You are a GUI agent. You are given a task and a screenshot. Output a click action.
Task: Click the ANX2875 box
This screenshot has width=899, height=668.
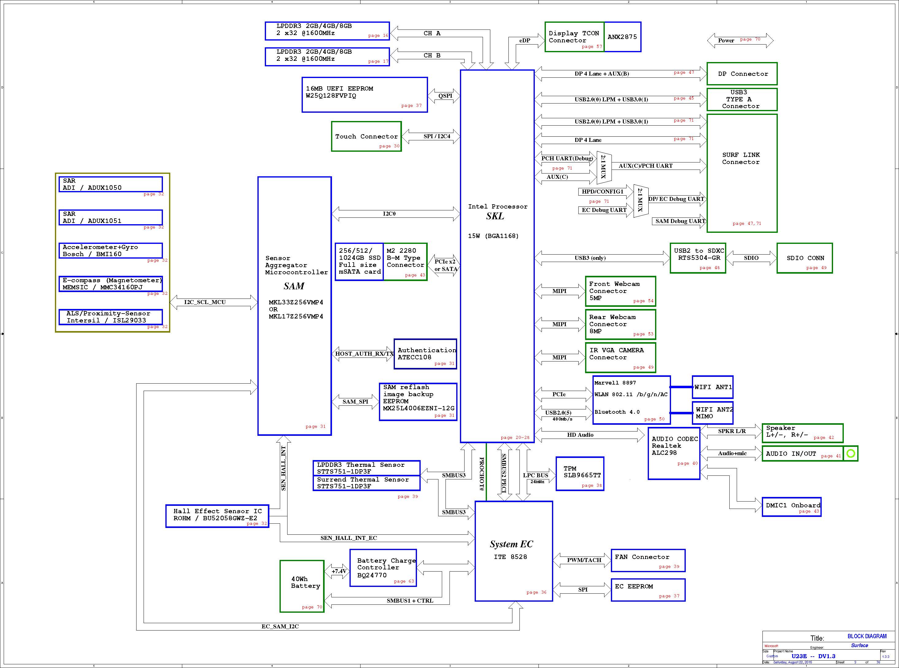[x=622, y=37]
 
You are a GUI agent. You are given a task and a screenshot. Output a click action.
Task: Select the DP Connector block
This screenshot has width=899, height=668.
[x=742, y=74]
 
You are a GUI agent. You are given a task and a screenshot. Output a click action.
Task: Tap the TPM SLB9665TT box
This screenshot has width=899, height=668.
[x=580, y=474]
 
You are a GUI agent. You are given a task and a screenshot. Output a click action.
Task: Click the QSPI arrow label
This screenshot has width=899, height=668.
[x=445, y=96]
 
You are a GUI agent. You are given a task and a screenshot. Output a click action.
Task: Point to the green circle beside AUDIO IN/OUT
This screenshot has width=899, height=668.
[x=851, y=453]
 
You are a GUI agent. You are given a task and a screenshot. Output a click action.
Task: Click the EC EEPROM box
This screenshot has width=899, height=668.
[x=648, y=590]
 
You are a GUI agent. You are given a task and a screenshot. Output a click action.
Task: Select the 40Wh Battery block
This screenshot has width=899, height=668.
[x=302, y=586]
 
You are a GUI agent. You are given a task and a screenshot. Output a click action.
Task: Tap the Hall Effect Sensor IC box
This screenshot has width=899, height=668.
[x=217, y=516]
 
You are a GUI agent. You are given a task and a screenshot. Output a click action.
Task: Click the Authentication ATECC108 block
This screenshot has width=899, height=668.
[x=425, y=354]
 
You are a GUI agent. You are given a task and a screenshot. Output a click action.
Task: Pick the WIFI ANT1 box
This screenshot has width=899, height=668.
[x=712, y=387]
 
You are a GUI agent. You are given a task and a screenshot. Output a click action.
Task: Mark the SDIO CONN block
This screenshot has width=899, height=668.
[x=804, y=258]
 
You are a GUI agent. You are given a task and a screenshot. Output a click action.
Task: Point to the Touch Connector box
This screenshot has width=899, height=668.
[x=366, y=137]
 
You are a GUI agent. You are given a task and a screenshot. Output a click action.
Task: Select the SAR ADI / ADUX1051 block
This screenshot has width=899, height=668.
[x=111, y=217]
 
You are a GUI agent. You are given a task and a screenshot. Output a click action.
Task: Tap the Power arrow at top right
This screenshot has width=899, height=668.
[x=740, y=41]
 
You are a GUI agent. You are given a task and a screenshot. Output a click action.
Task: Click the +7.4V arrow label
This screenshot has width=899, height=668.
[x=339, y=571]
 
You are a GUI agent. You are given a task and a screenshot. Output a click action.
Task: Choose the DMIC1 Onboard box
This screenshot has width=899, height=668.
[x=791, y=507]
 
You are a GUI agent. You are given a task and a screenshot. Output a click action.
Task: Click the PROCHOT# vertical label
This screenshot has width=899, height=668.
[x=481, y=474]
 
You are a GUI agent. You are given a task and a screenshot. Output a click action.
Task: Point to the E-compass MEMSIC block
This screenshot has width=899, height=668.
[x=111, y=283]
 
